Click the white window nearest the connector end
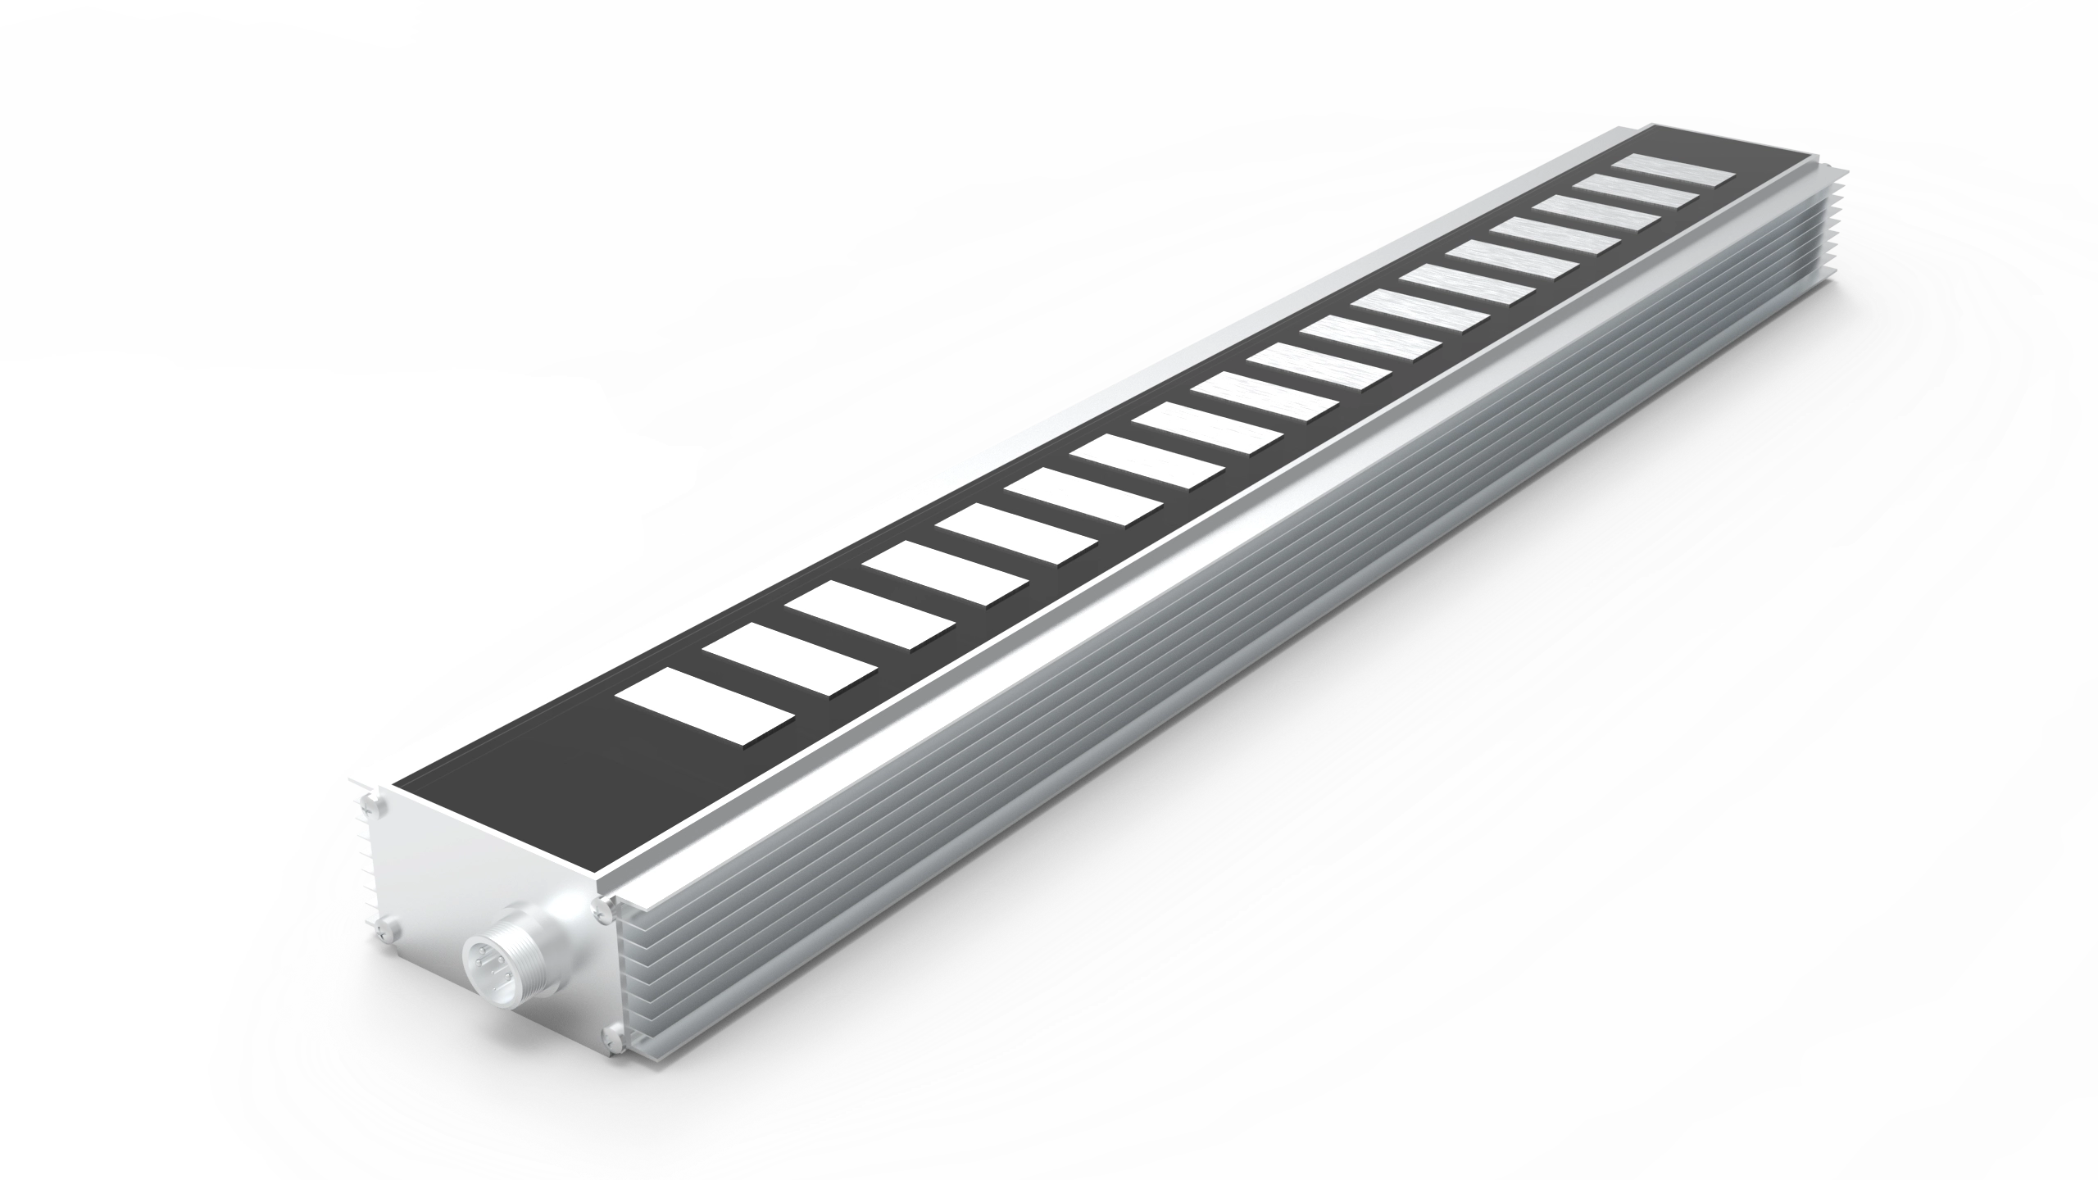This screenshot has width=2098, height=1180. pyautogui.click(x=706, y=705)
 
